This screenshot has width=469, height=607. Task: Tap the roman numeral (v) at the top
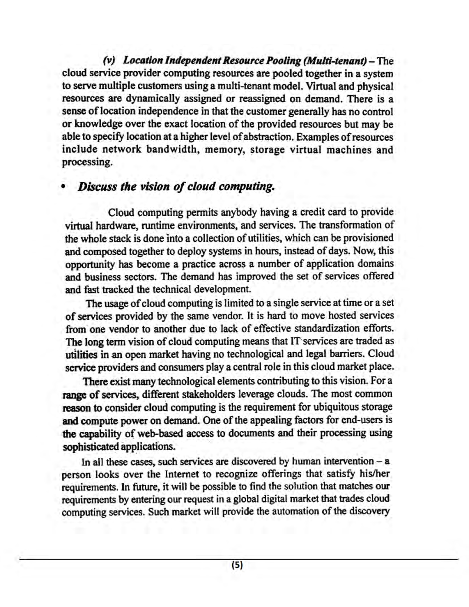pos(109,61)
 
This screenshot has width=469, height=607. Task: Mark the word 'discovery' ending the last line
pos(368,511)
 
